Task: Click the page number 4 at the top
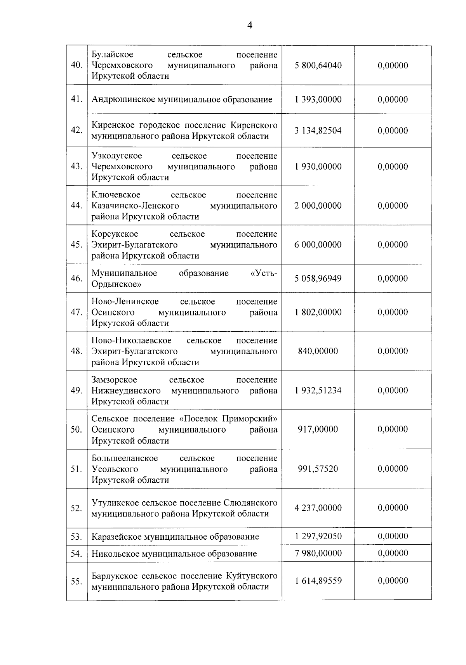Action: pos(250,26)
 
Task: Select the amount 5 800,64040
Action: pos(318,65)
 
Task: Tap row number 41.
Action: pos(77,99)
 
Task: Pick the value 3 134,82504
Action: pos(318,130)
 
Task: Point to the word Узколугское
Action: pos(117,156)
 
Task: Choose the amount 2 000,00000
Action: pos(318,206)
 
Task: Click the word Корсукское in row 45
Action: pos(115,234)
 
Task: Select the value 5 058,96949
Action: pos(318,278)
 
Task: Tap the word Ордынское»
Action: pos(116,284)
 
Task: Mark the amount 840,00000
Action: pos(318,351)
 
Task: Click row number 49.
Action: pos(77,390)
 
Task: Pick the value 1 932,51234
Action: pos(318,390)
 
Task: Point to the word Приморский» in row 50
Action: pos(250,419)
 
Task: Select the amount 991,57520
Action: pos(318,469)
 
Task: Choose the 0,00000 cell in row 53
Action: pos(393,536)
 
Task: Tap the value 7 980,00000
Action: pos(318,553)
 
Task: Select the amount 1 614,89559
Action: pos(318,581)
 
